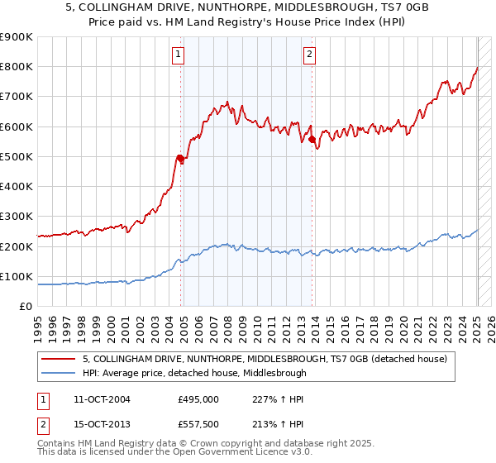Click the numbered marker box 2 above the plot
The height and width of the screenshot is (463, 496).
coord(309,55)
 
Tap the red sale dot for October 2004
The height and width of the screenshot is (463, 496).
coord(180,158)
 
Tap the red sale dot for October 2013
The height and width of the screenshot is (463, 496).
coord(312,140)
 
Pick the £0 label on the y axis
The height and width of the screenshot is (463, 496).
coord(25,306)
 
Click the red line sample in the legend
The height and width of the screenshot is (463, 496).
coord(58,359)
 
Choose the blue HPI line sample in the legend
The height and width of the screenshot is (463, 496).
coord(58,373)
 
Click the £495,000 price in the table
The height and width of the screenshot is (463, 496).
coord(198,399)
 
